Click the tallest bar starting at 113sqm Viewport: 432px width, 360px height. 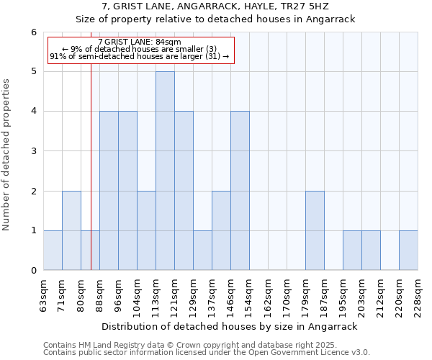pyautogui.click(x=165, y=171)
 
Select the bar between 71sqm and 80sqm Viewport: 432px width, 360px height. pyautogui.click(x=71, y=230)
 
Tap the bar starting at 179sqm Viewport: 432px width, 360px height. pyautogui.click(x=315, y=230)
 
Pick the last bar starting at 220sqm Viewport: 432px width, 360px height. pyautogui.click(x=408, y=251)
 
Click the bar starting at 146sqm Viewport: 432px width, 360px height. pyautogui.click(x=240, y=191)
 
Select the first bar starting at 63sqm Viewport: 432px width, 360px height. pyautogui.click(x=53, y=251)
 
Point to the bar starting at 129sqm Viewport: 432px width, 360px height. pyautogui.click(x=202, y=251)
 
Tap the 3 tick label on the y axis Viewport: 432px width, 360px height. pyautogui.click(x=33, y=151)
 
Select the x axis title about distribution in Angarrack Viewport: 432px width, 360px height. pyautogui.click(x=230, y=326)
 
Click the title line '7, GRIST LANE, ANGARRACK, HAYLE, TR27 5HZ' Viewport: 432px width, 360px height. pyautogui.click(x=216, y=6)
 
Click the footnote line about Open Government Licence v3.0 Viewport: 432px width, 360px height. pyautogui.click(x=207, y=353)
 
